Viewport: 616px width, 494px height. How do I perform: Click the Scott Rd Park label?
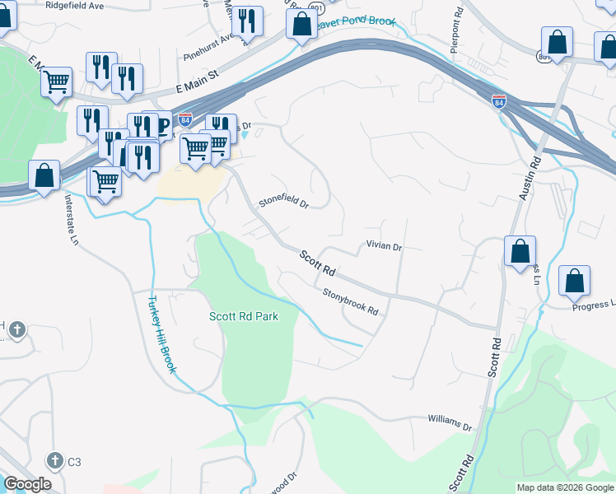(x=243, y=316)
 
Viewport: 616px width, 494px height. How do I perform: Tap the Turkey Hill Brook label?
(x=161, y=334)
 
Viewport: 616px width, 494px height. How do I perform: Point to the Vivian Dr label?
(x=383, y=246)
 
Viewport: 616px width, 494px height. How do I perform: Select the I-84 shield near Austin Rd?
(x=498, y=102)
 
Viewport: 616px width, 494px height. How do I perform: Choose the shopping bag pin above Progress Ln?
(x=574, y=282)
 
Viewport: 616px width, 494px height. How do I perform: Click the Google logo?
(x=27, y=484)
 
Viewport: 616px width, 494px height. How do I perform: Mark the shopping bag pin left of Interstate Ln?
(x=44, y=176)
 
